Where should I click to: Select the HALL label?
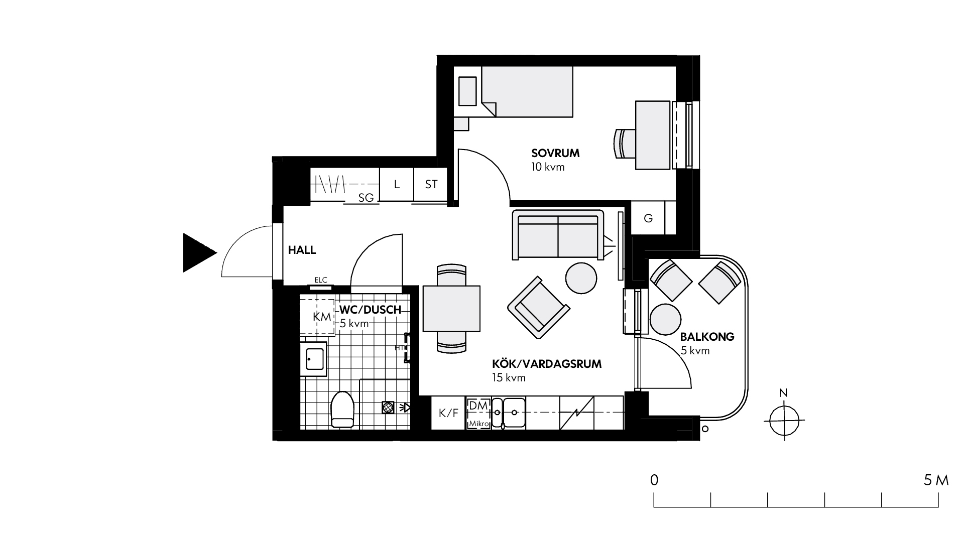tap(302, 250)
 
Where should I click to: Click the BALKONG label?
tap(707, 337)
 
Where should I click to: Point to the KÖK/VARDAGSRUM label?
tap(546, 364)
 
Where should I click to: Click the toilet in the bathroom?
tap(343, 409)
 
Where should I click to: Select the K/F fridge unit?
tap(448, 413)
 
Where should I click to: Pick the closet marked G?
tap(648, 218)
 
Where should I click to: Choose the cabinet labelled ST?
tap(431, 184)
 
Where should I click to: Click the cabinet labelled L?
tap(396, 184)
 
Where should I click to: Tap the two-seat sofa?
tap(558, 235)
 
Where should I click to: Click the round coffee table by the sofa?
tap(581, 278)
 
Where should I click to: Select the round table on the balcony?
tap(666, 319)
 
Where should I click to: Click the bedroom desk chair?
tap(625, 144)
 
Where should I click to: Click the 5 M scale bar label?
tap(936, 480)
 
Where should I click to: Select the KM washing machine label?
tap(322, 317)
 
